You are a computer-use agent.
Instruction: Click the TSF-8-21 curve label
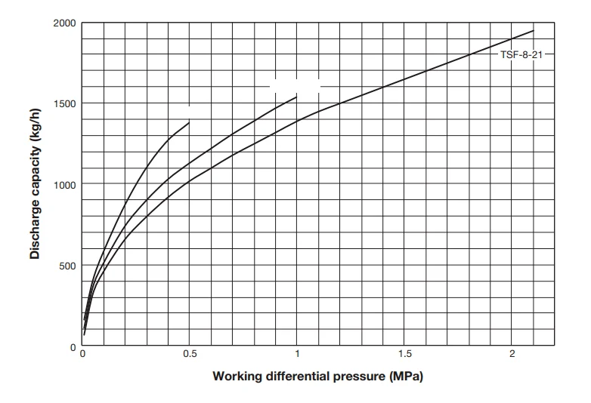pos(521,55)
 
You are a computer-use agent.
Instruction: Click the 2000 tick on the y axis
pos(64,23)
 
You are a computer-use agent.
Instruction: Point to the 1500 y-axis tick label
pos(64,103)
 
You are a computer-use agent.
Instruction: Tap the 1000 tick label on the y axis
pos(64,184)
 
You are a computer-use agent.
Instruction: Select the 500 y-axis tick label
pos(67,266)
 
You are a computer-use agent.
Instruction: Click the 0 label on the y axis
pos(73,346)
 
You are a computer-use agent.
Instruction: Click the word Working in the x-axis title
pos(238,376)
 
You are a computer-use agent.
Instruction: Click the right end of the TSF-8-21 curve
pos(534,31)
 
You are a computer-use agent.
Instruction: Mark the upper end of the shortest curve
pos(189,122)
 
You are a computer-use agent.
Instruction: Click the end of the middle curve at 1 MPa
pos(297,97)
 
